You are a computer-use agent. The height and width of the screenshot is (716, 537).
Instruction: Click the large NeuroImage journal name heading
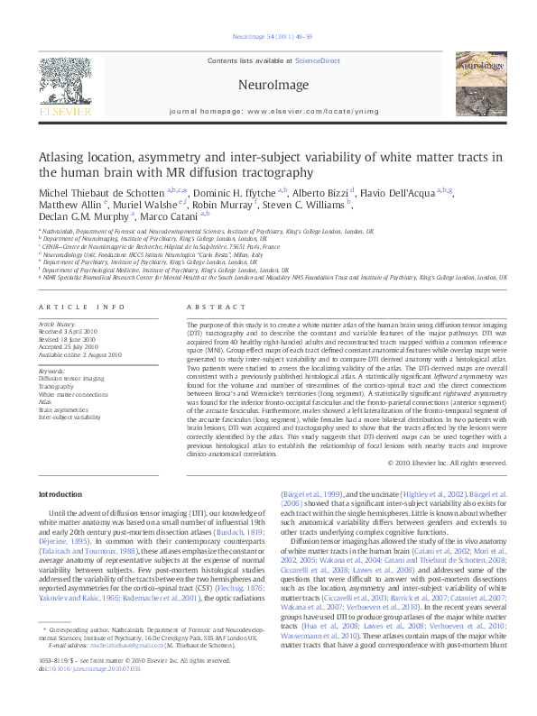[268, 84]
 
